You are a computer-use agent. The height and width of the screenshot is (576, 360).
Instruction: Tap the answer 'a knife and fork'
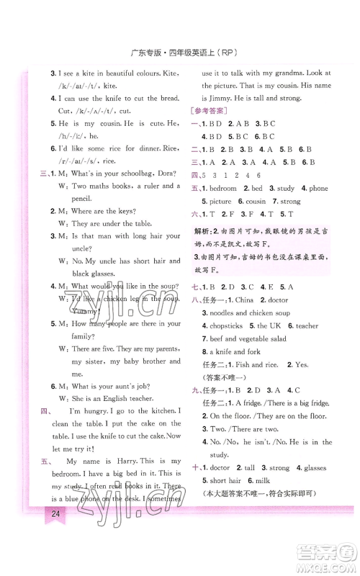[x=235, y=351]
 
